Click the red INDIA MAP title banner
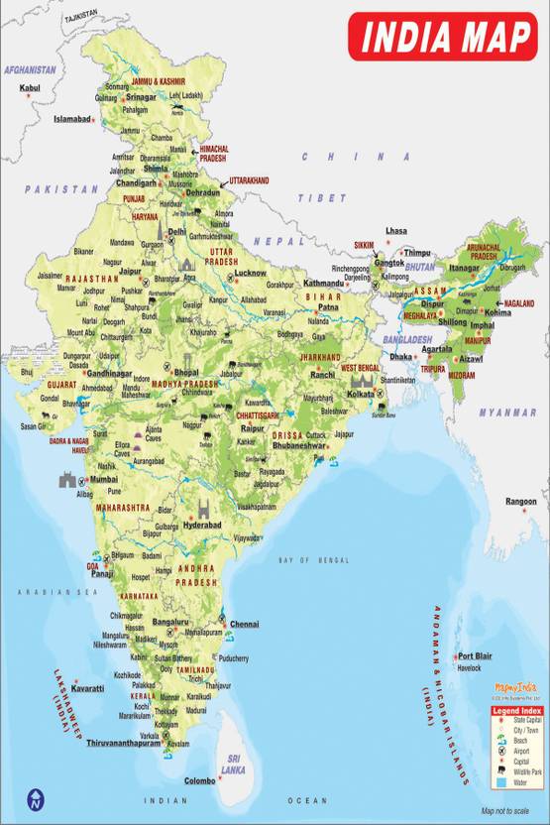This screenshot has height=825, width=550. click(445, 37)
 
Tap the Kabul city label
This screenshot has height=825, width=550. click(31, 87)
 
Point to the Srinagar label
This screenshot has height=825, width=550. click(141, 97)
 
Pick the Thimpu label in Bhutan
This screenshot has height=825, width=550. click(417, 253)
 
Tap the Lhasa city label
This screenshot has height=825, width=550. click(396, 230)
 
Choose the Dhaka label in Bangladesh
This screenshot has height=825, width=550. click(401, 356)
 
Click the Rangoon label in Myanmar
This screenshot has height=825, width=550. click(520, 502)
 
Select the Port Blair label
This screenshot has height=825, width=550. click(474, 655)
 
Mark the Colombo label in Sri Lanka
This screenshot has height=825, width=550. click(198, 780)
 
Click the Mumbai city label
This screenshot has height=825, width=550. click(104, 478)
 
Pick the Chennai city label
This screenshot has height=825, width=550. click(244, 624)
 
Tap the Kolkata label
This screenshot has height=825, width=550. click(361, 394)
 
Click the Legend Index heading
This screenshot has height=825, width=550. click(518, 711)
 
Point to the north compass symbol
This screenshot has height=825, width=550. click(37, 798)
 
